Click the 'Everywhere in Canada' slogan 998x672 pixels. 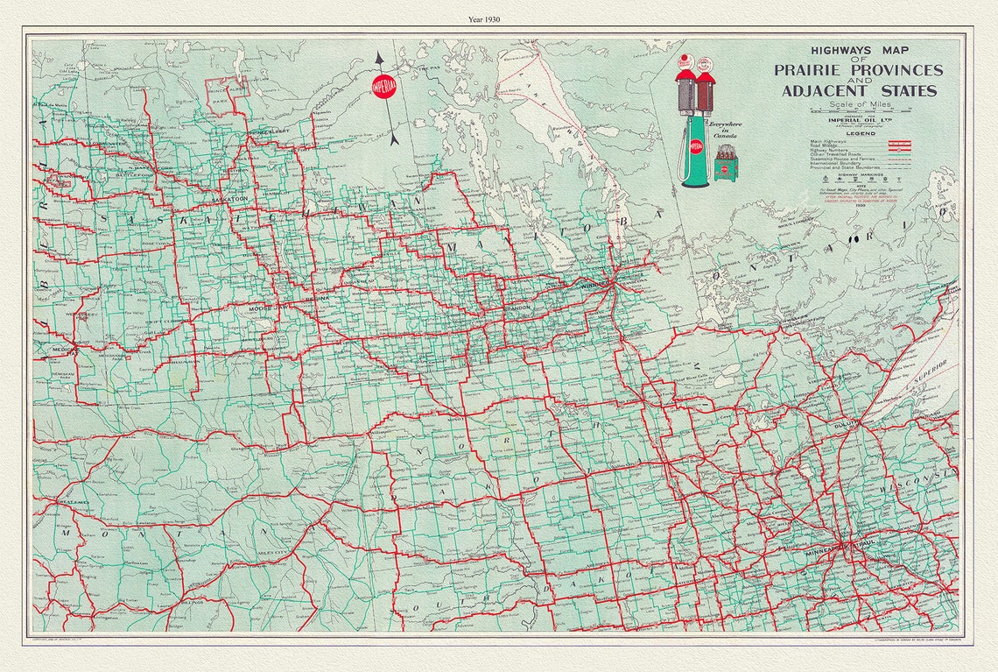[x=726, y=130]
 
